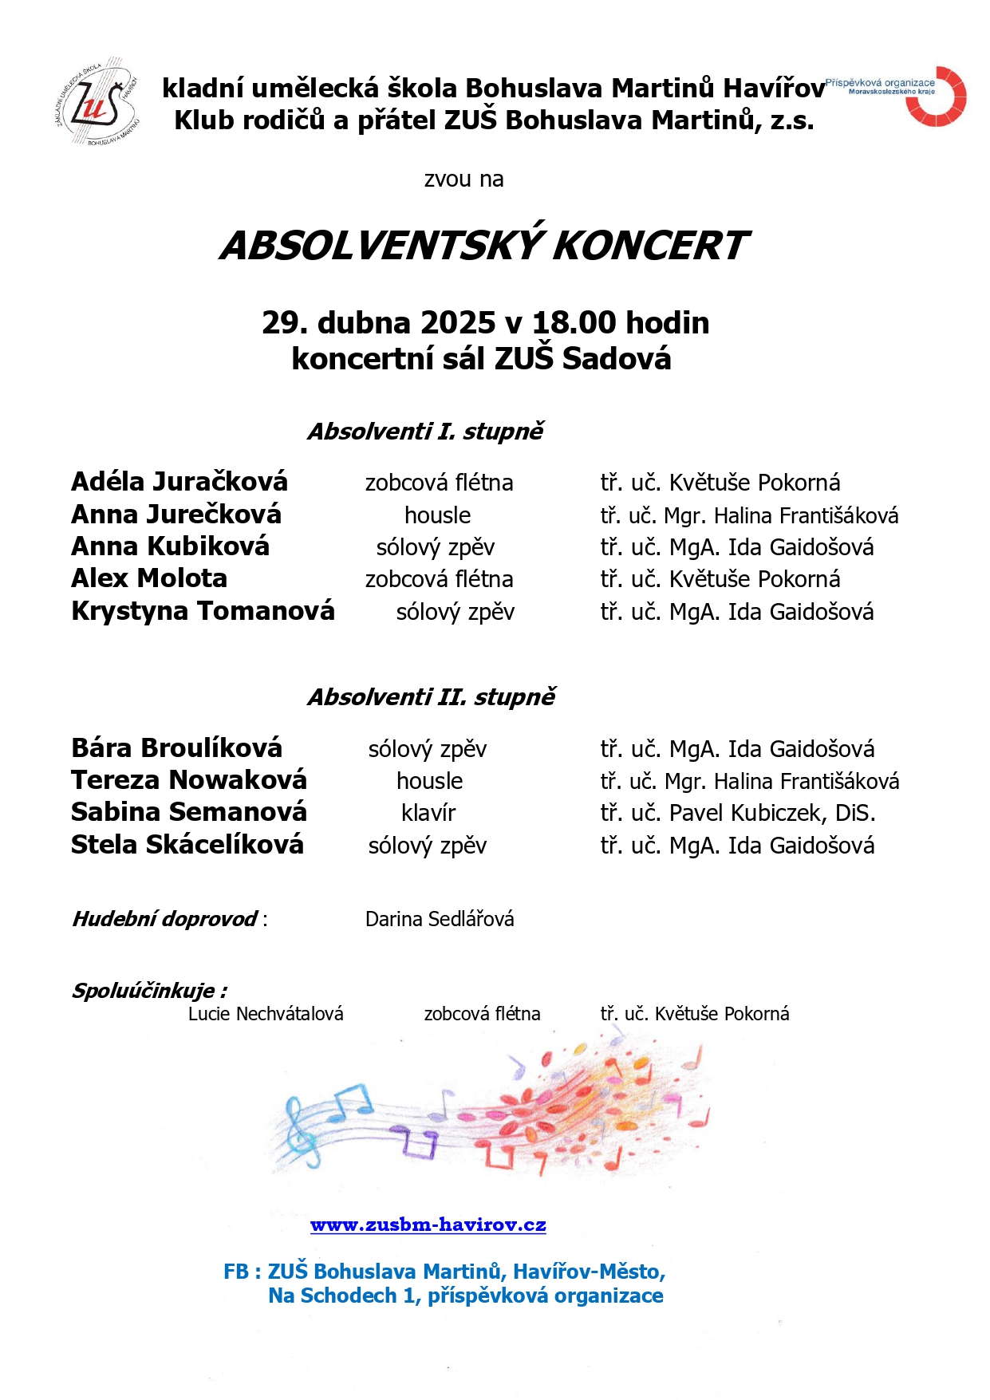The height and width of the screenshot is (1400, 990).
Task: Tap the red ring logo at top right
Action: click(937, 97)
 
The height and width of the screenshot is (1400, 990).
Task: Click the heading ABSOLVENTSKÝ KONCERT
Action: click(483, 246)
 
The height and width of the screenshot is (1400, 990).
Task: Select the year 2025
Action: click(458, 323)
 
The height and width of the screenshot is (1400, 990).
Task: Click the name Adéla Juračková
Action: click(179, 482)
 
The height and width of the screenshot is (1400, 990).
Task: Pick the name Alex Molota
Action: click(149, 578)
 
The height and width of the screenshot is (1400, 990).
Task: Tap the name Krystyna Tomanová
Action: click(203, 611)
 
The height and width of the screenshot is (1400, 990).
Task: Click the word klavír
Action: click(428, 813)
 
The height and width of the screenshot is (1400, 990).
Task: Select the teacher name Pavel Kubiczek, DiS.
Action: click(772, 813)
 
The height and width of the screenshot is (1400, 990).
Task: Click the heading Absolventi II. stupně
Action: click(432, 697)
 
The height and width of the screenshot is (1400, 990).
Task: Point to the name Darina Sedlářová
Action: click(440, 919)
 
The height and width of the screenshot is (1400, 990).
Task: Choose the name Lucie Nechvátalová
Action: click(266, 1014)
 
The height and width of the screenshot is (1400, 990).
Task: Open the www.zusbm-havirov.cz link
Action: click(428, 1225)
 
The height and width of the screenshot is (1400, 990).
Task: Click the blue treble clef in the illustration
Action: click(302, 1130)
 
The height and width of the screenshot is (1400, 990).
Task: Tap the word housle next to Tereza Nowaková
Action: click(429, 781)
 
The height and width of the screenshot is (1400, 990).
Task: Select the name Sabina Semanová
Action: click(189, 812)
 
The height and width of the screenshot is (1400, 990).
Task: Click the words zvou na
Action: click(463, 179)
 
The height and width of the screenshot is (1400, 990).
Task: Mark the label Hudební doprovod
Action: click(165, 919)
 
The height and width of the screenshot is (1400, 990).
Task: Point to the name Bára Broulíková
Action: click(176, 748)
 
